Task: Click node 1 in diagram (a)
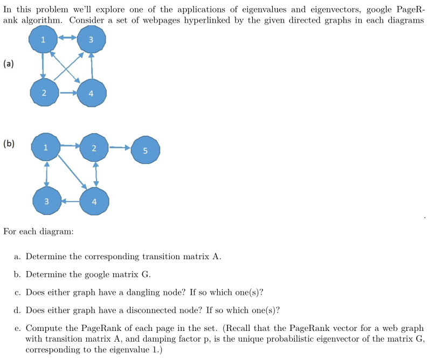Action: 43,39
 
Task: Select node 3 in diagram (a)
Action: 91,39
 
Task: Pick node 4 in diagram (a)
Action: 91,93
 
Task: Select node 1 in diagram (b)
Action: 46,146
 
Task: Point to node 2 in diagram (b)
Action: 94,148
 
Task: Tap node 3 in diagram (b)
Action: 46,201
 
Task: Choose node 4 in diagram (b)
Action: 95,202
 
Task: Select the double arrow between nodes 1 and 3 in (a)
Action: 67,38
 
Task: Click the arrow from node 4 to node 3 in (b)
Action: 71,201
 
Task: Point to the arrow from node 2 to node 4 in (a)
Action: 67,92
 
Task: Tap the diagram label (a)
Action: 9,64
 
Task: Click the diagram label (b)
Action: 9,144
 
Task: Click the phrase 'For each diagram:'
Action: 38,232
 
